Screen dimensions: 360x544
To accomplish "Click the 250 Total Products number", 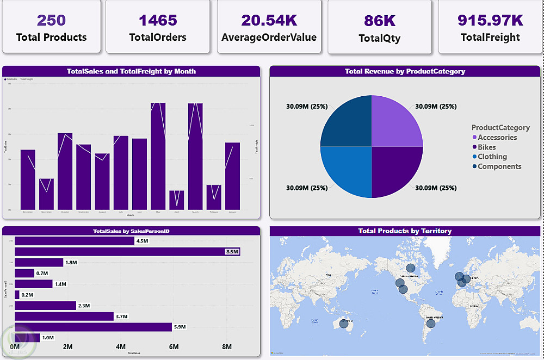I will pyautogui.click(x=51, y=21).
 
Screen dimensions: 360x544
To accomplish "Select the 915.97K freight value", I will pyautogui.click(x=490, y=21).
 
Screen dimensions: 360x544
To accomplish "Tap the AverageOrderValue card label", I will pyautogui.click(x=269, y=38).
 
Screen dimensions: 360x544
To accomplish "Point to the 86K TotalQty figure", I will pyautogui.click(x=379, y=21).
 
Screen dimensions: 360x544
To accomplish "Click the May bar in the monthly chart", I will pyautogui.click(x=158, y=158).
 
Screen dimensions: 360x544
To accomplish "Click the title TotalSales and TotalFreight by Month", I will pyautogui.click(x=131, y=71).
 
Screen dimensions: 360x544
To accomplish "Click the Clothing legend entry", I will pyautogui.click(x=492, y=157).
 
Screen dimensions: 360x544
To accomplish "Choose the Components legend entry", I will pyautogui.click(x=499, y=166).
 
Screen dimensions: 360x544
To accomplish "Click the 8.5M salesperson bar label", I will pyautogui.click(x=231, y=251).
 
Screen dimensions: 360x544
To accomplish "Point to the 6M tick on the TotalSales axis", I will pyautogui.click(x=174, y=347).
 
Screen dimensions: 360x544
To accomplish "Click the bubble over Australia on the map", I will pyautogui.click(x=343, y=324).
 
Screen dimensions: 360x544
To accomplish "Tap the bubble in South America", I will pyautogui.click(x=431, y=324).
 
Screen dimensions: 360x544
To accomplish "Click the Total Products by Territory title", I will pyautogui.click(x=405, y=231).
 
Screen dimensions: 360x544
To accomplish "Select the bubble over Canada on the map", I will pyautogui.click(x=410, y=268).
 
